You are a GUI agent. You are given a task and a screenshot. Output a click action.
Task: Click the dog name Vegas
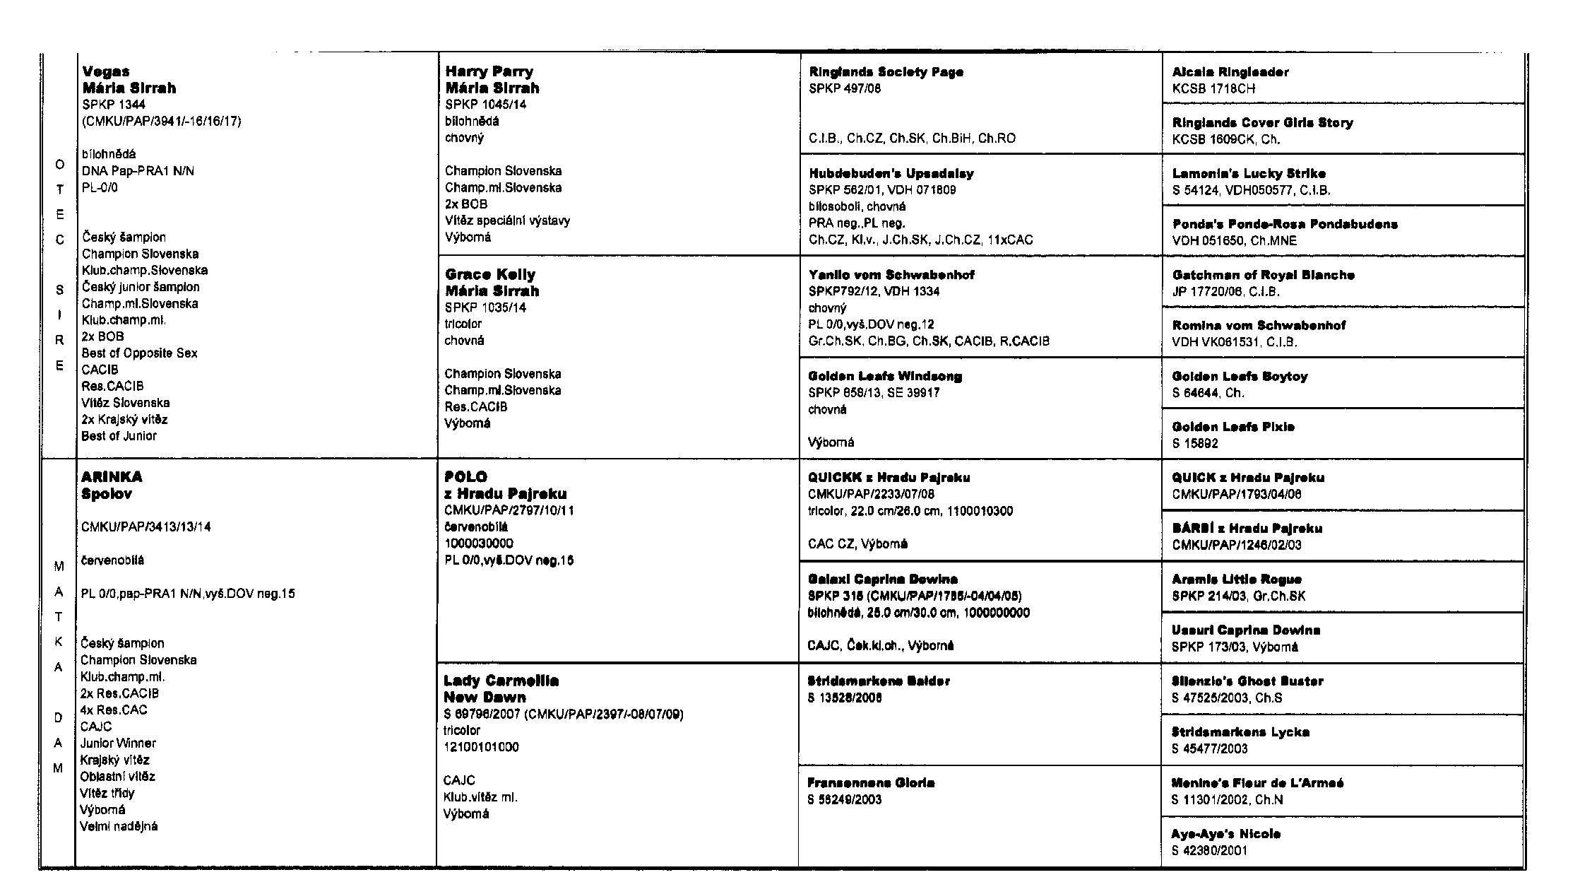pos(106,71)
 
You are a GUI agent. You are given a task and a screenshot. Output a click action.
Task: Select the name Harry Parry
pos(489,71)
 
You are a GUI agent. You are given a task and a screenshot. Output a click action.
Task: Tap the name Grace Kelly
pos(490,274)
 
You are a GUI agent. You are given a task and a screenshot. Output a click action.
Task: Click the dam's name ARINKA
pos(111,477)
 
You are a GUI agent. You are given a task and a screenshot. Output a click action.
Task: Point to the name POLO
pos(465,477)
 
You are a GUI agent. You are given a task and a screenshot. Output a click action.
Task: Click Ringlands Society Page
pos(886,72)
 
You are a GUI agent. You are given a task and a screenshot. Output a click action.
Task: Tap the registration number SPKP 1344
pos(113,105)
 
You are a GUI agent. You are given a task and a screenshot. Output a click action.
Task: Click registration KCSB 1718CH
pos(1213,88)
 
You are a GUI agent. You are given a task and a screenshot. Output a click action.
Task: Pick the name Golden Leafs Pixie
pos(1232,427)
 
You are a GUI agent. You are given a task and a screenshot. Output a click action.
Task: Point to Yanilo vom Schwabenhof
pos(891,275)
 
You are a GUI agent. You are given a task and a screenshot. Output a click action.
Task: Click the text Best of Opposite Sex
pos(139,353)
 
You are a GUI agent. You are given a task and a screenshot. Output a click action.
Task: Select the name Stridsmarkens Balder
pos(879,681)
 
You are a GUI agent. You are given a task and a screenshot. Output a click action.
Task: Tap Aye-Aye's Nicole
pos(1225,834)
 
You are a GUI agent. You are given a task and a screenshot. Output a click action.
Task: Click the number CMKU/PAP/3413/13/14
pos(145,527)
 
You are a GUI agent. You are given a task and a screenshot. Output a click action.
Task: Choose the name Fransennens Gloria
pos(871,783)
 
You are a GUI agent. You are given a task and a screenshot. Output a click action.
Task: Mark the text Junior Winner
pos(118,743)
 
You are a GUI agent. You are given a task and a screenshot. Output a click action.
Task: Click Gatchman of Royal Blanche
pos(1263,275)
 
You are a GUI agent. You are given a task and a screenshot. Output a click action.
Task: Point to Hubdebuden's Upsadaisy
pos(891,173)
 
